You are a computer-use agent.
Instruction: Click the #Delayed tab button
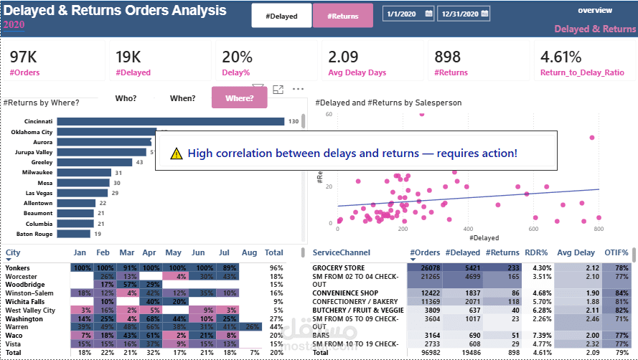[281, 15]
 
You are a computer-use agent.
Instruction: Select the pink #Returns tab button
[342, 15]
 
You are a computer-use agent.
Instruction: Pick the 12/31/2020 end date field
[463, 14]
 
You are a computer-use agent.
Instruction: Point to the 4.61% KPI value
[560, 57]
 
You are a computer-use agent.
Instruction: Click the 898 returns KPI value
[448, 57]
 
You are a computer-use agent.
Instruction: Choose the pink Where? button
[239, 98]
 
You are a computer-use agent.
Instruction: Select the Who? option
[126, 98]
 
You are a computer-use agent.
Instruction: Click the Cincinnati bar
[170, 121]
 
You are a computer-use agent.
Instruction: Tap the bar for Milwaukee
[83, 173]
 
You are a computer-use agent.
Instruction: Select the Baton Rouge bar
[73, 234]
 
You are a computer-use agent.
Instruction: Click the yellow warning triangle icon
[177, 153]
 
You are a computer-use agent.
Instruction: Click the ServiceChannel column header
[342, 252]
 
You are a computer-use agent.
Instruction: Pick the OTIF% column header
[615, 252]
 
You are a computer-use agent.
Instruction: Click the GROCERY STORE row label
[338, 267]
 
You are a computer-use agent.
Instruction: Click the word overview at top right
[595, 11]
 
